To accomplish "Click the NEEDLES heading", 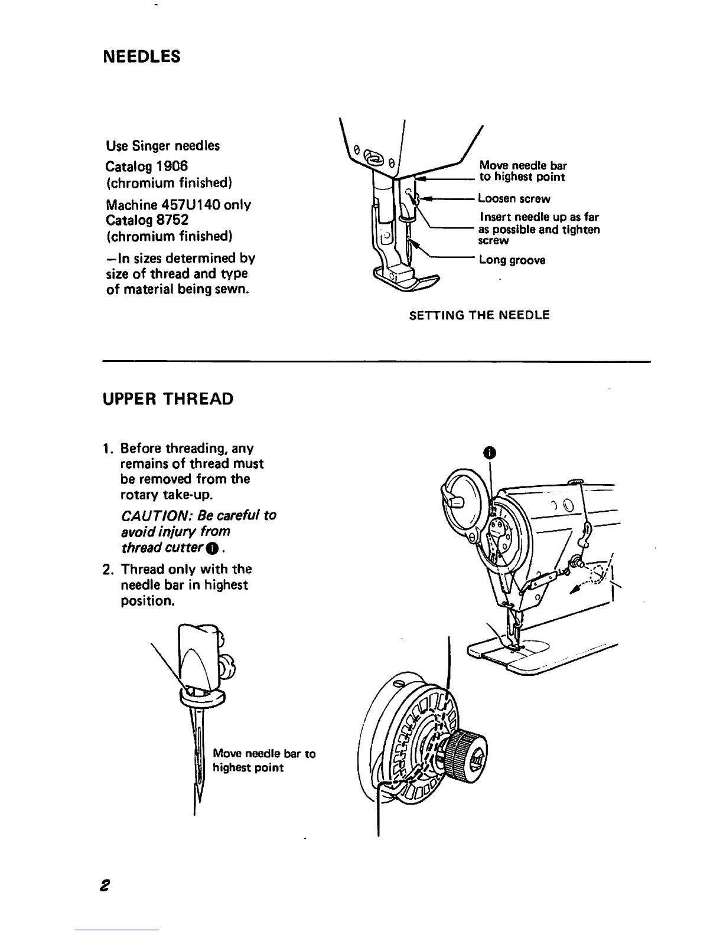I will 141,57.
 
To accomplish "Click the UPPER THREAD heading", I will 168,399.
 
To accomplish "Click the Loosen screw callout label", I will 514,199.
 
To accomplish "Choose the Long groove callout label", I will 512,260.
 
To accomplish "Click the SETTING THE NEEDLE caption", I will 479,315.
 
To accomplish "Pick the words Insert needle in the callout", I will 509,217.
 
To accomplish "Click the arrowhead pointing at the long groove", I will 415,244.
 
